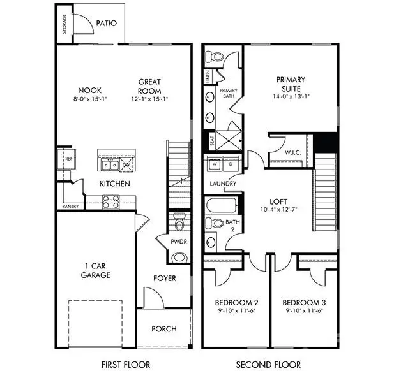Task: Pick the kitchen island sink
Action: point(109,165)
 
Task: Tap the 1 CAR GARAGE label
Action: point(96,270)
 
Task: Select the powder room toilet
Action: point(179,225)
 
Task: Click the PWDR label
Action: point(179,242)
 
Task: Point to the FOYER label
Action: point(163,279)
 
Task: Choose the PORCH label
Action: point(164,329)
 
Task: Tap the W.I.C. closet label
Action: point(293,153)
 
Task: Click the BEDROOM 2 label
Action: point(234,302)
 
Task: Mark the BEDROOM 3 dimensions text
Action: point(303,312)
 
